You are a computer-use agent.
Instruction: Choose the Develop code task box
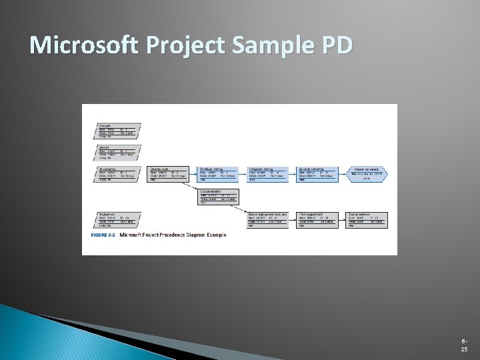[x=167, y=175]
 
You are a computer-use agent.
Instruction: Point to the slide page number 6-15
[x=464, y=345]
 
